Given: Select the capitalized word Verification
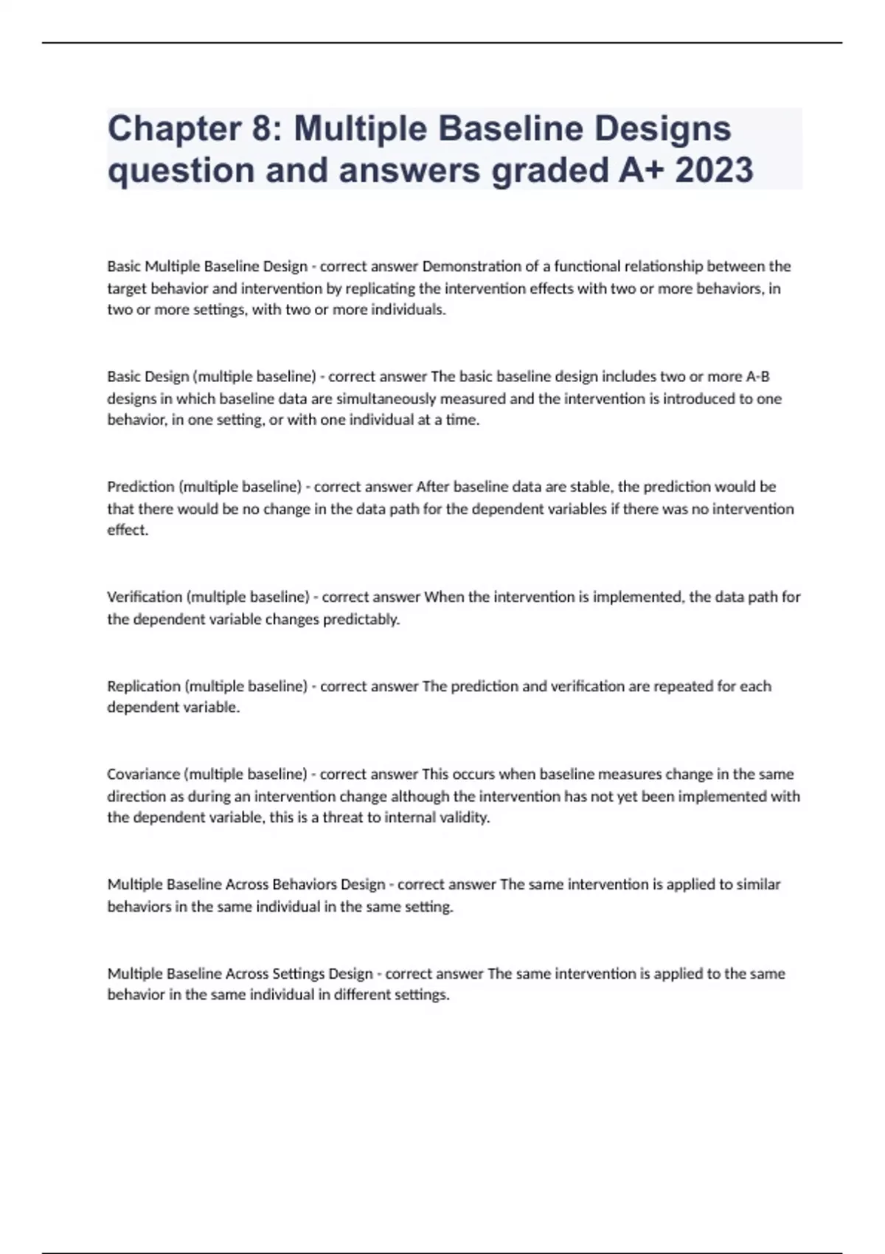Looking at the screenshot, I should click(145, 597).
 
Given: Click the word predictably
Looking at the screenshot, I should click(361, 619).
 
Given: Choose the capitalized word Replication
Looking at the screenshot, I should click(144, 686).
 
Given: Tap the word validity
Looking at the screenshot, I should click(462, 817).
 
